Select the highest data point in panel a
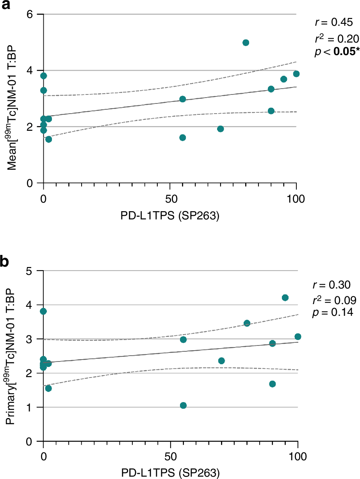246,43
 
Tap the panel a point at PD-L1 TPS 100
296,74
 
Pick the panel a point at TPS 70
220,129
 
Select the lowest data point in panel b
183,406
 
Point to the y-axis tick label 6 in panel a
29,14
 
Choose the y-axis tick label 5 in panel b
29,271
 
